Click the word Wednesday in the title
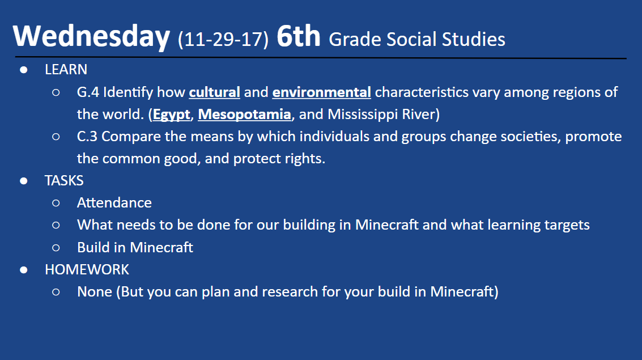(91, 36)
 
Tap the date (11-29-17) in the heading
(223, 39)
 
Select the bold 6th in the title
(299, 36)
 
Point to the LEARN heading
(66, 70)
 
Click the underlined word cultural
(215, 92)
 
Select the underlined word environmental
(322, 92)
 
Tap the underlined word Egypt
(172, 115)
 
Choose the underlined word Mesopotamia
(244, 115)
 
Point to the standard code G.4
(88, 92)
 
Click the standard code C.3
(87, 137)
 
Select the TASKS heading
(64, 181)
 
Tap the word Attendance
(114, 203)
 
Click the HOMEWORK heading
(87, 269)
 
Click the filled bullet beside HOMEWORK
(24, 270)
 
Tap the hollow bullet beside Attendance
(56, 203)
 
